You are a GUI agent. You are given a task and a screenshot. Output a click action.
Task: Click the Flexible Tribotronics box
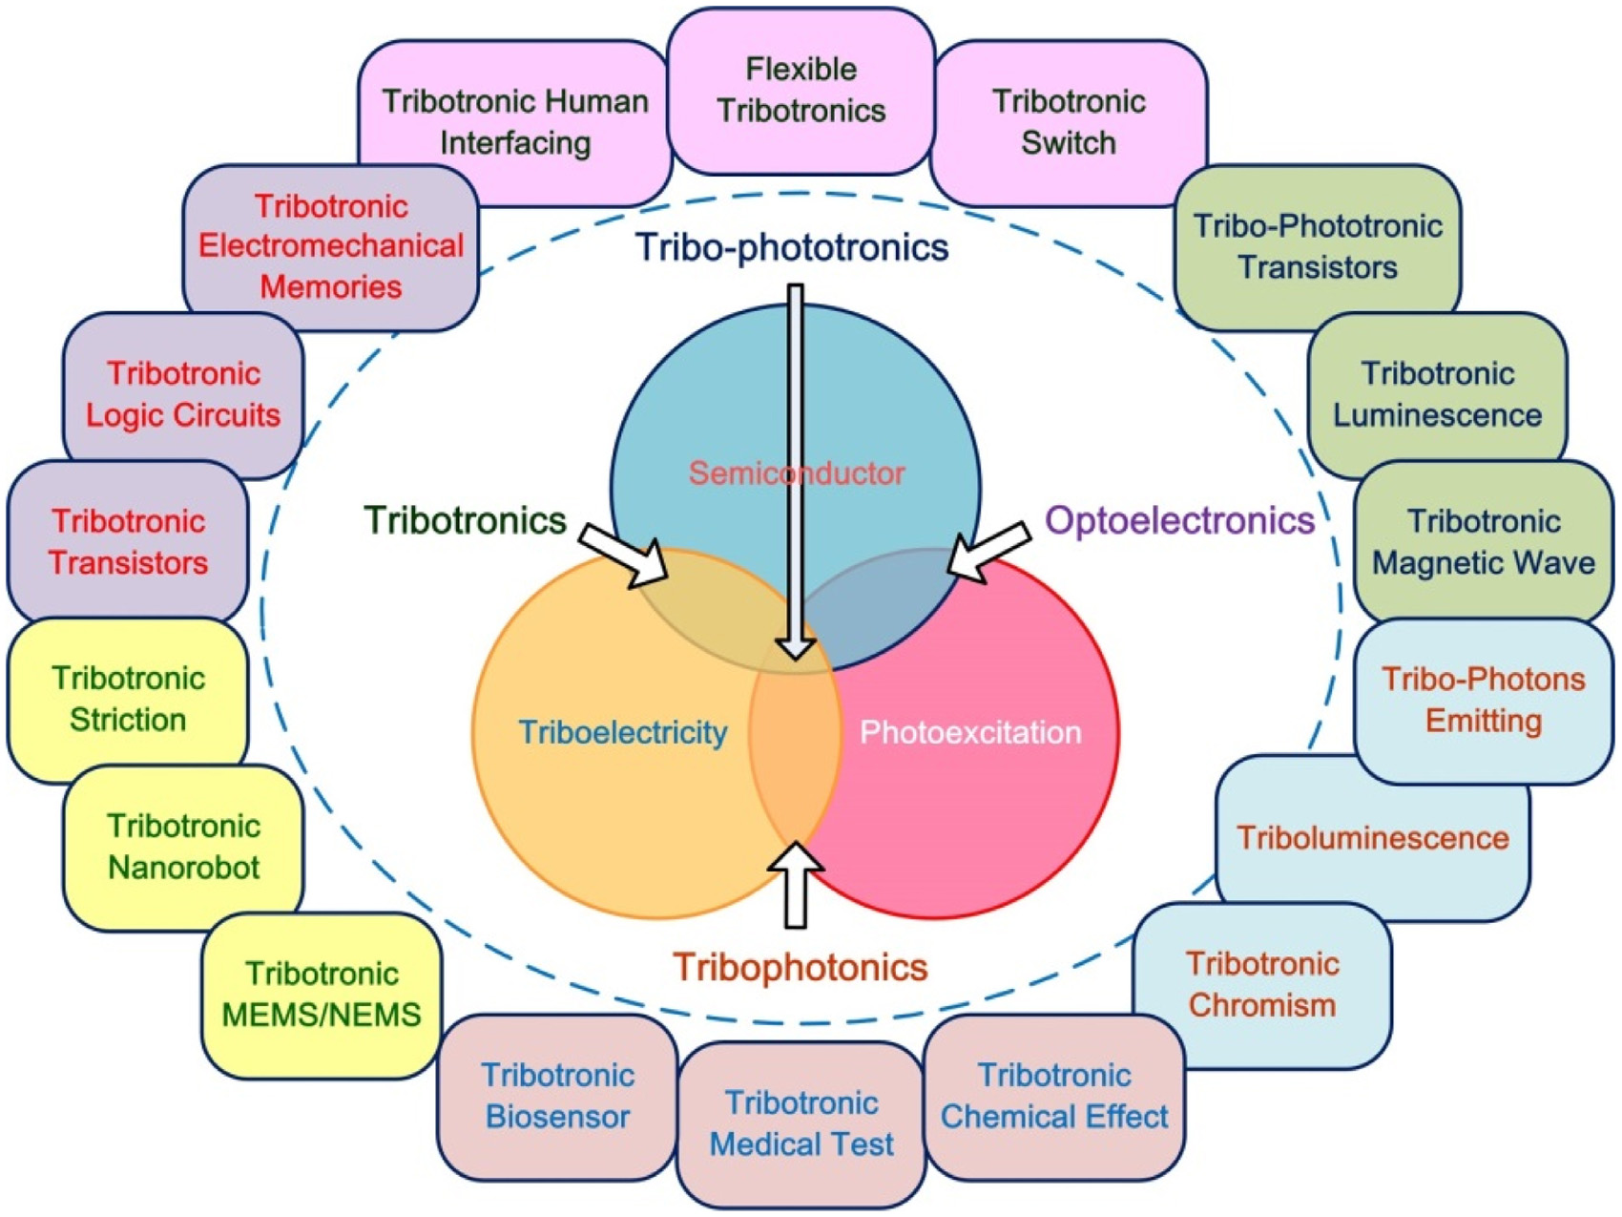coord(801,91)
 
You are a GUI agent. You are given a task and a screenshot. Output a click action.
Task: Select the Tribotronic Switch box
coord(1069,122)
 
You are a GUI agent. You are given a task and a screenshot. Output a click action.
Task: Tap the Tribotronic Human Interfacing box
coord(514,122)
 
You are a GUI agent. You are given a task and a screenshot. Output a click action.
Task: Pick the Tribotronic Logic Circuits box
coord(183,394)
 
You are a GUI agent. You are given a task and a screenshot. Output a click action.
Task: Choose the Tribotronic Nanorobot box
coord(183,847)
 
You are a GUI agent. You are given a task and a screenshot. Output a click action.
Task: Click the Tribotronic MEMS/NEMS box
coord(322,995)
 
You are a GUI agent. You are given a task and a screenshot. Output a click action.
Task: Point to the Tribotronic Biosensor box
coord(557,1096)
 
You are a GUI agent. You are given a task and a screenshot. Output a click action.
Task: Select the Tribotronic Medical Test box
coord(801,1123)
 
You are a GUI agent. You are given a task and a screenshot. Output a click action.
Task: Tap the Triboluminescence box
coord(1372,838)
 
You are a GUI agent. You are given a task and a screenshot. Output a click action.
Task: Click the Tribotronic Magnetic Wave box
coord(1483,542)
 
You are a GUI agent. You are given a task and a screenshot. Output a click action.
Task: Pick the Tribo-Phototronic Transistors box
coord(1318,246)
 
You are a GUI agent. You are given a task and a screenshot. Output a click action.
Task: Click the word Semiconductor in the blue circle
coord(797,472)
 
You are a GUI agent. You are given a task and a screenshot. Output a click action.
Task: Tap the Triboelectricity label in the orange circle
coord(622,732)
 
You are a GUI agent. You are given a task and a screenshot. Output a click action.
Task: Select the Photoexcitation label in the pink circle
coord(970,732)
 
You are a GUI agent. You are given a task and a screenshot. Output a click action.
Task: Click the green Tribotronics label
coord(465,520)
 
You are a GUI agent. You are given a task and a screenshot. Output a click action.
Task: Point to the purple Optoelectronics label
coord(1179,520)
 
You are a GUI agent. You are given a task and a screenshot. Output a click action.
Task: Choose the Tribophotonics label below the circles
coord(800,967)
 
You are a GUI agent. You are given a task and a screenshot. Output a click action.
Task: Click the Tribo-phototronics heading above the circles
coord(792,247)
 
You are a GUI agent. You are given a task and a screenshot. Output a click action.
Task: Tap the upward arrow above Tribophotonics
coord(795,883)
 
